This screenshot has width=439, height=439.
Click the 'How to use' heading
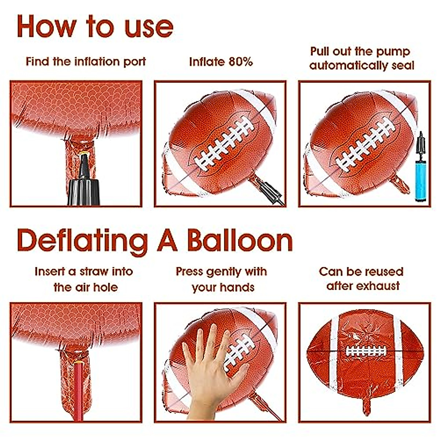pyautogui.click(x=95, y=26)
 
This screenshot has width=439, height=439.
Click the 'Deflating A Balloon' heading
pyautogui.click(x=155, y=241)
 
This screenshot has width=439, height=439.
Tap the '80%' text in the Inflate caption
pyautogui.click(x=240, y=61)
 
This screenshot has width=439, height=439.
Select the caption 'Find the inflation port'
pyautogui.click(x=86, y=61)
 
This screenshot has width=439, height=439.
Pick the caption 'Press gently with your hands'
pyautogui.click(x=222, y=279)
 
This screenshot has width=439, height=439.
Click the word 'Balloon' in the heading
pyautogui.click(x=240, y=241)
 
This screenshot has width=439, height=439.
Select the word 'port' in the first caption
pyautogui.click(x=135, y=61)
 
